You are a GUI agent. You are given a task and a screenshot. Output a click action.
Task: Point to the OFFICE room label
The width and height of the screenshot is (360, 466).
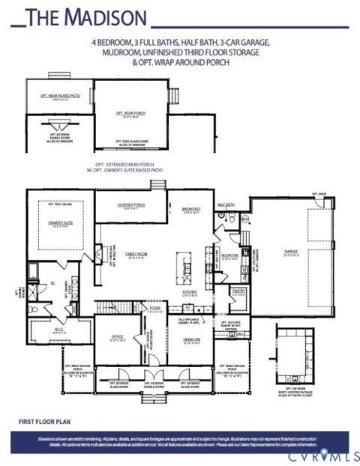[116, 337]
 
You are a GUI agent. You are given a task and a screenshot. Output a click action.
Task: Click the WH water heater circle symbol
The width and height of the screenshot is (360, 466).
[242, 219]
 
